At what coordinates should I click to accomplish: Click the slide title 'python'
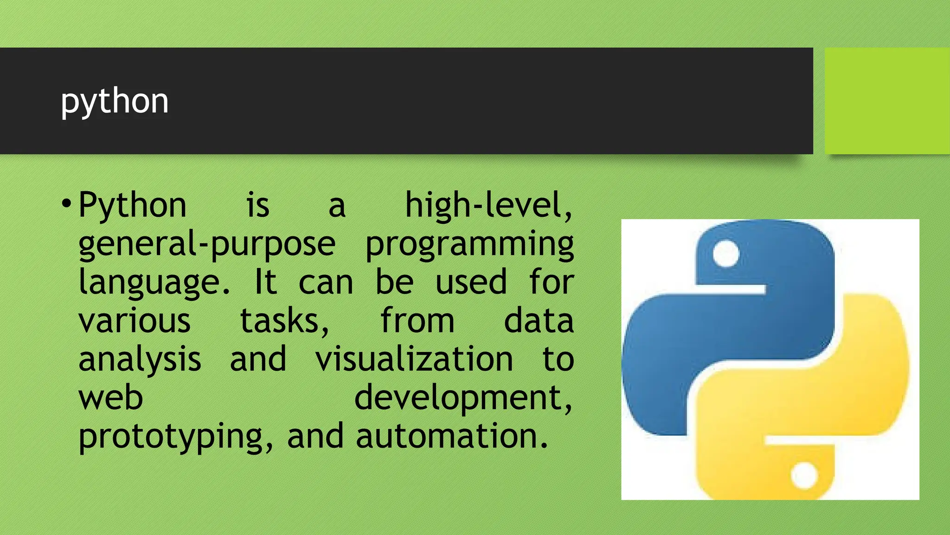click(x=115, y=101)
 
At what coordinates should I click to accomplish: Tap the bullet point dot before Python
click(x=66, y=204)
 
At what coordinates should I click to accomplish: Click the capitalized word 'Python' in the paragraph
click(x=132, y=205)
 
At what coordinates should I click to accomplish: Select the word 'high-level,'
click(x=489, y=205)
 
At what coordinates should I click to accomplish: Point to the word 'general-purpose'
click(x=206, y=244)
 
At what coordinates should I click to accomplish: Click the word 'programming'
click(x=469, y=244)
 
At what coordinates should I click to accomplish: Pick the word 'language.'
click(x=154, y=282)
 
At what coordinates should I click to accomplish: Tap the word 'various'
click(x=134, y=320)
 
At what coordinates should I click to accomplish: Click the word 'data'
click(x=539, y=320)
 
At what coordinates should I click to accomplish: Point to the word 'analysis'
click(x=140, y=359)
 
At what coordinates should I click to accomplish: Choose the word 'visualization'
click(x=414, y=359)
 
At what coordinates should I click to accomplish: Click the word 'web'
click(x=110, y=398)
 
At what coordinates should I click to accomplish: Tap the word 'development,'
click(x=463, y=398)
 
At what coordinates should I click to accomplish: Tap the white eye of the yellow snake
click(x=804, y=475)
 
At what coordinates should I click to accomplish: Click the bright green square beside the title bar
click(x=887, y=101)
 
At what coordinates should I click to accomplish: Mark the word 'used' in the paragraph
click(x=471, y=282)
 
